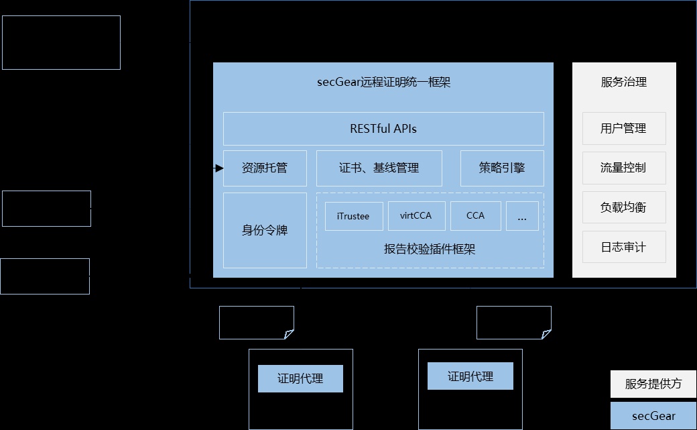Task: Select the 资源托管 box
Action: coord(265,168)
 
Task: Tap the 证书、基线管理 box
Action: coord(379,168)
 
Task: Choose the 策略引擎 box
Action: coord(502,168)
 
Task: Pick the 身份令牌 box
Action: coord(265,231)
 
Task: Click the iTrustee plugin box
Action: coord(353,216)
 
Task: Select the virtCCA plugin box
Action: coord(416,216)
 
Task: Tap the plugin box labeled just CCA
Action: coord(475,216)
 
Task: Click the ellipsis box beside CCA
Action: coord(522,216)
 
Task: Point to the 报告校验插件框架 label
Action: coord(430,250)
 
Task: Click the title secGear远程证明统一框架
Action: coord(383,83)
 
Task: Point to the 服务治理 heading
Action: coord(624,83)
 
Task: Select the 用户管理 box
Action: coord(624,128)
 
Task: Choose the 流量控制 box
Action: coord(624,168)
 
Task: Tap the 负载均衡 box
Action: coord(624,207)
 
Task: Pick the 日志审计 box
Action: coord(624,247)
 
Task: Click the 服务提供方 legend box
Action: coord(653,384)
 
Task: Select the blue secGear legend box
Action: coord(653,416)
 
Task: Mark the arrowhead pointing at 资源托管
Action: coord(219,168)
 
